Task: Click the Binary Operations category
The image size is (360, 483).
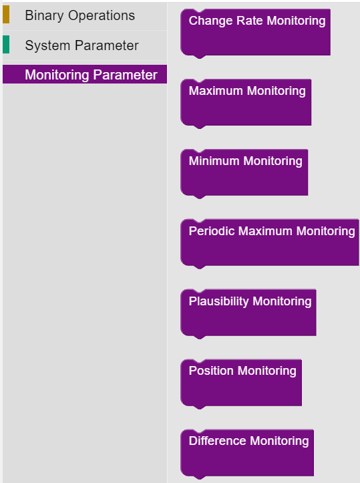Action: (85, 15)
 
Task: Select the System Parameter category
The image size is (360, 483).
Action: (85, 45)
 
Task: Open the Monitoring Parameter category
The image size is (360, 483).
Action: (85, 75)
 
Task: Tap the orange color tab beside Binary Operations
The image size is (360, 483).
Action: (6, 15)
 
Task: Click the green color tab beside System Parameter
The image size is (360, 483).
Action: (6, 44)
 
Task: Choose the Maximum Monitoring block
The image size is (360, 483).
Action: (246, 104)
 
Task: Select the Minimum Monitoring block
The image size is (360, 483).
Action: (244, 174)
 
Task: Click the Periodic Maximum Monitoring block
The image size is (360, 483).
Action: (269, 244)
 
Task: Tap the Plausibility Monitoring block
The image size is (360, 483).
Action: (248, 314)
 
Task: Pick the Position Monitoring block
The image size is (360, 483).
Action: (241, 384)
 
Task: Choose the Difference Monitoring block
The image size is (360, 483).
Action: (247, 454)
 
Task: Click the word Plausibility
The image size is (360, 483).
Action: (218, 301)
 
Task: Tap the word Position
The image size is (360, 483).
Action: (211, 371)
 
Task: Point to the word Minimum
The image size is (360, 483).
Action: (214, 161)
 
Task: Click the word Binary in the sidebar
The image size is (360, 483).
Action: (44, 16)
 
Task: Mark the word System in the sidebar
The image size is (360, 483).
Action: (47, 45)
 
